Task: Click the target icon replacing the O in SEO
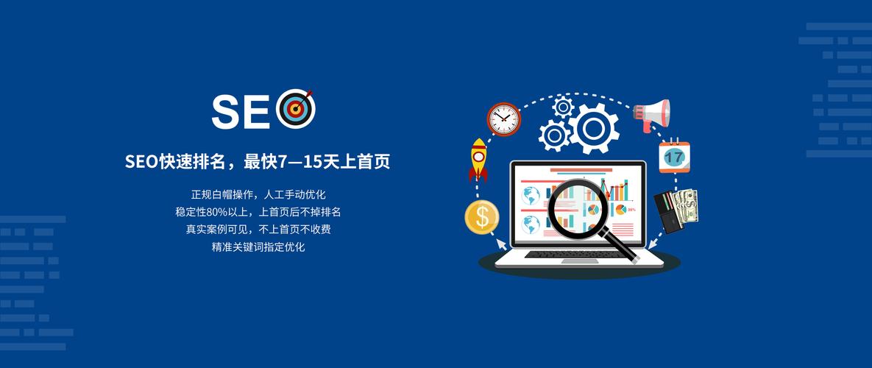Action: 296,109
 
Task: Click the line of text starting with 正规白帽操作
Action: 258,194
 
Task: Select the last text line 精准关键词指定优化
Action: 258,247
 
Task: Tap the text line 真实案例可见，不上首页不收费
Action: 258,230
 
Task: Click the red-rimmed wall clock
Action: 503,118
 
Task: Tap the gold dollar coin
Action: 482,217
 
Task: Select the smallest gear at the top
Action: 564,107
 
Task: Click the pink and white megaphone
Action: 653,114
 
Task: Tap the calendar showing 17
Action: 673,157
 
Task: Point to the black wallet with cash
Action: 676,211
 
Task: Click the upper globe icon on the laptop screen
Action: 531,195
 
